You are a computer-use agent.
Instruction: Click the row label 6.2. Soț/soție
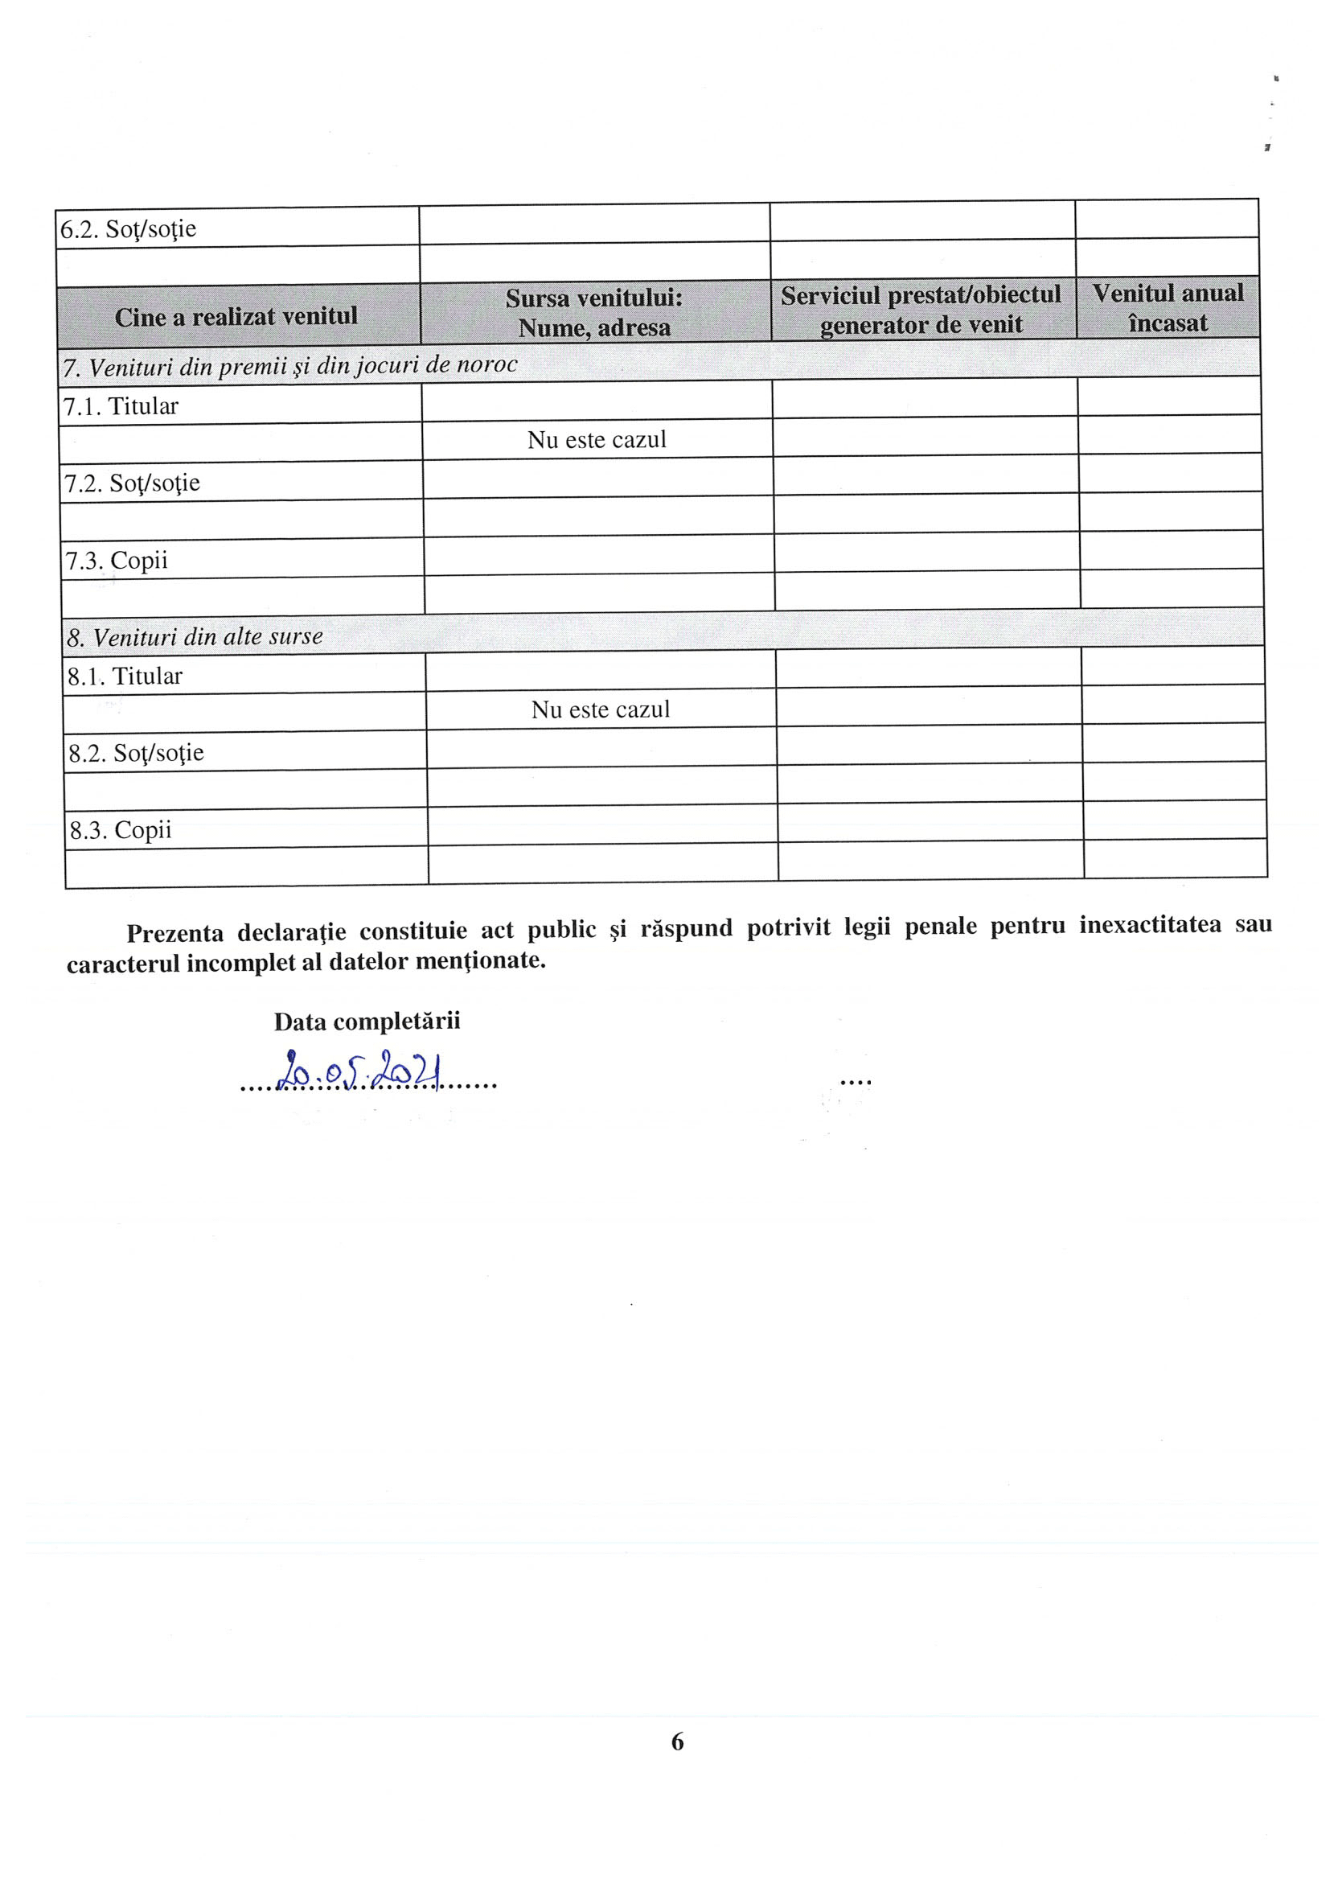point(128,229)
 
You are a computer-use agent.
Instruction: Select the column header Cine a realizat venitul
point(236,316)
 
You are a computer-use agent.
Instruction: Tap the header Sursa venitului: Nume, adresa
point(594,312)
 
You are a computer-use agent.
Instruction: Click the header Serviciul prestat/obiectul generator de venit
point(921,309)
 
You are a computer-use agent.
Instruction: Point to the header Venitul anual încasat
point(1168,307)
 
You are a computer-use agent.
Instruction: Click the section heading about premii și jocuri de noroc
point(290,366)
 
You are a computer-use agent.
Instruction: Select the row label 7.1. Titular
point(121,406)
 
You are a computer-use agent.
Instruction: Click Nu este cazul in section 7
point(597,440)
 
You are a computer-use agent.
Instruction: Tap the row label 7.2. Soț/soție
point(132,483)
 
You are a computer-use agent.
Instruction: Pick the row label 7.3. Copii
point(116,561)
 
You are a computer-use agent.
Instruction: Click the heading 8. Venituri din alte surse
point(195,637)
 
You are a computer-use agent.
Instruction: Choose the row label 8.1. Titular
point(125,676)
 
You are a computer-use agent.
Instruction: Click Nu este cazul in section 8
point(600,709)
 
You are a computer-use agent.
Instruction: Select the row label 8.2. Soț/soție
point(136,753)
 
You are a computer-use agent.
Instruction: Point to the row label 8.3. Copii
point(121,830)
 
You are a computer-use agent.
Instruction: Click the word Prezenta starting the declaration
point(174,933)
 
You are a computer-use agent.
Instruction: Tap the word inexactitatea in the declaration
point(1150,925)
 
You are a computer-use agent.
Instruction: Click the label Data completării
point(367,1022)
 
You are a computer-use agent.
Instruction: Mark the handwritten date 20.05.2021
point(359,1072)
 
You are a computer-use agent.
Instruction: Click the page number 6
point(677,1741)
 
